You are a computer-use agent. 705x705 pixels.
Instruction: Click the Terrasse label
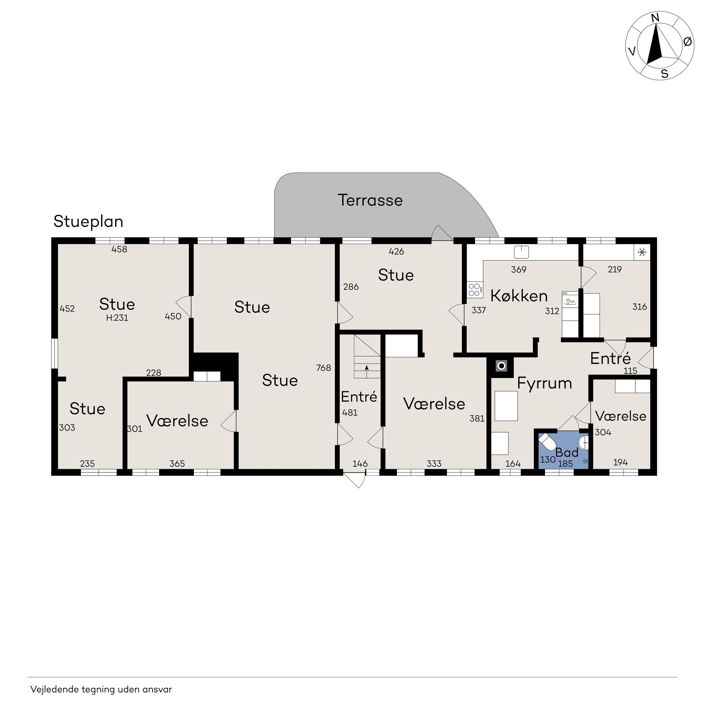click(370, 200)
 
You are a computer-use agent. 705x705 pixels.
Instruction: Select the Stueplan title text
click(88, 222)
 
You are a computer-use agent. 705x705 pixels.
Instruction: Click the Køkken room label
click(519, 296)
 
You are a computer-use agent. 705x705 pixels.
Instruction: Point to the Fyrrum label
click(544, 383)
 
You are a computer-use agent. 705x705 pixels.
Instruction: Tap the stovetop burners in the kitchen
click(475, 290)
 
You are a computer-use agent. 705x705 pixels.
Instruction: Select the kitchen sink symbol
click(521, 252)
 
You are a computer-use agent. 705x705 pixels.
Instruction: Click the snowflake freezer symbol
click(642, 252)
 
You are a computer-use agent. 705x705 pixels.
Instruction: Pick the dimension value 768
click(324, 368)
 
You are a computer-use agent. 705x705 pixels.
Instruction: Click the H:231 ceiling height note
click(117, 318)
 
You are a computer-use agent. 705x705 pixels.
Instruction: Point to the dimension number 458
click(119, 249)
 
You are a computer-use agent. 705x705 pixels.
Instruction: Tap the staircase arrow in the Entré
click(367, 371)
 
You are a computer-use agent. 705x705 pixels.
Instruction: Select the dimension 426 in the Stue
click(396, 251)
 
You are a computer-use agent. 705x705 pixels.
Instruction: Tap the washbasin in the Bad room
click(584, 442)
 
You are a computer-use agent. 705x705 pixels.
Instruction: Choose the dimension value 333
click(434, 464)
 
